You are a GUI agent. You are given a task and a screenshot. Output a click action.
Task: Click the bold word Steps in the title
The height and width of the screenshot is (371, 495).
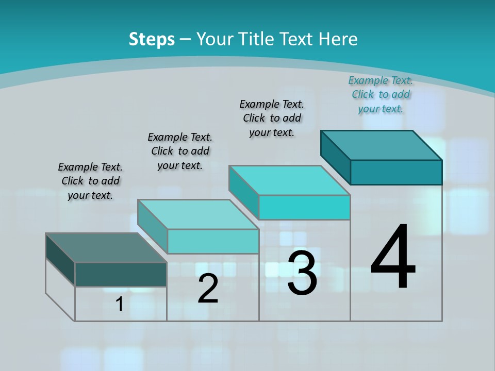pyautogui.click(x=152, y=39)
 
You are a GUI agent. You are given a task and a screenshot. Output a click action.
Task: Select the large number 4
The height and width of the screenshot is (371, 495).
pyautogui.click(x=393, y=258)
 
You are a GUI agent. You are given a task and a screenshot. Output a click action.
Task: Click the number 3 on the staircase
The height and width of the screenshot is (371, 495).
pyautogui.click(x=302, y=273)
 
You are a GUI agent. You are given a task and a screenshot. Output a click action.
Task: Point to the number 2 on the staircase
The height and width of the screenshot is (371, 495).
pyautogui.click(x=208, y=289)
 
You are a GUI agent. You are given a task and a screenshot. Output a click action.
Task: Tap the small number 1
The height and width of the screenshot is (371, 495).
pyautogui.click(x=120, y=304)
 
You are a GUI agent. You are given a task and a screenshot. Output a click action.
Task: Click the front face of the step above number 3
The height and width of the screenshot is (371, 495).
pyautogui.click(x=304, y=207)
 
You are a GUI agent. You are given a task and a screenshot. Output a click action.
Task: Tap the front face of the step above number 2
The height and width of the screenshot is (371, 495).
pyautogui.click(x=213, y=241)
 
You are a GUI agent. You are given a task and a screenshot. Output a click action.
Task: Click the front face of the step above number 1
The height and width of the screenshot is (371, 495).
pyautogui.click(x=121, y=274)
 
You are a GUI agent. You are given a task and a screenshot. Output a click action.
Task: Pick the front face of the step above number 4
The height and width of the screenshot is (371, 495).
pyautogui.click(x=396, y=172)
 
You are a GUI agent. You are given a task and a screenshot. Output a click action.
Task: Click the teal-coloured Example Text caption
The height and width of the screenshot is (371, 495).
pyautogui.click(x=381, y=94)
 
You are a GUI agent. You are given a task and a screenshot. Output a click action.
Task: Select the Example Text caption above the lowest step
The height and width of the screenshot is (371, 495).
pyautogui.click(x=90, y=181)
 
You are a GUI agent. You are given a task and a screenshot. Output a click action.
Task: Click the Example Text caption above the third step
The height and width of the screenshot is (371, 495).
pyautogui.click(x=272, y=118)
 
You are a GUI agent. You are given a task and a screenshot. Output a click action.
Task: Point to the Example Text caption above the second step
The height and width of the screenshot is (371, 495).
pyautogui.click(x=180, y=151)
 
